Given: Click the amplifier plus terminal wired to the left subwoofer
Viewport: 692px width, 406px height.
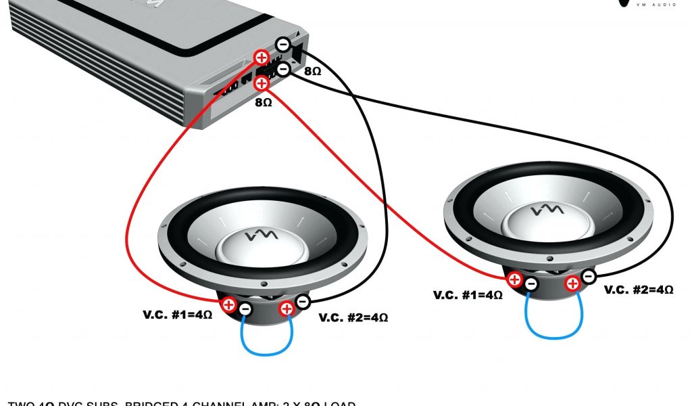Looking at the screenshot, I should [x=261, y=57].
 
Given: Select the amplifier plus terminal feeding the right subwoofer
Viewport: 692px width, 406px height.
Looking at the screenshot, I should [x=262, y=84].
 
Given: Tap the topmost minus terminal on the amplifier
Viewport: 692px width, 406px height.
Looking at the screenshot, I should [x=283, y=45].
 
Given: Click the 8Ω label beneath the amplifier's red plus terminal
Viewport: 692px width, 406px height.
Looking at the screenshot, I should [x=263, y=103].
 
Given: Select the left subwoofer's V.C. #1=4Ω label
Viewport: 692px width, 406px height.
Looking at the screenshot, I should [x=178, y=315].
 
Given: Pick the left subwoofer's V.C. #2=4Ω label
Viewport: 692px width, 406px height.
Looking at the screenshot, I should [x=353, y=317].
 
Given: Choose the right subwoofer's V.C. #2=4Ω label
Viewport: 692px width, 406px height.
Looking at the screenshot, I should [x=639, y=290].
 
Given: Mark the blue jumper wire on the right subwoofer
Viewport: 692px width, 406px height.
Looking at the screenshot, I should [x=554, y=334].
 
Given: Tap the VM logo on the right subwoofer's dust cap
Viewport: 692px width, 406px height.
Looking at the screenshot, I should [x=545, y=212].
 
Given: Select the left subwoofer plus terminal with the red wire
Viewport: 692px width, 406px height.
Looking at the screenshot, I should [x=229, y=305].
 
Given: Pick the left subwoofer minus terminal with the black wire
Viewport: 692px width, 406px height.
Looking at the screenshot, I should [x=303, y=301].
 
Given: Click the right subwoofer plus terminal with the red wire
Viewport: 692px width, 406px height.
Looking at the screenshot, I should [x=515, y=278].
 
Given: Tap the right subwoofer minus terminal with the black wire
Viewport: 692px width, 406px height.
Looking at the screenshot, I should [x=589, y=275].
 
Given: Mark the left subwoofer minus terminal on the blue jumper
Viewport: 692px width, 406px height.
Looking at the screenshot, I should [x=245, y=310].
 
